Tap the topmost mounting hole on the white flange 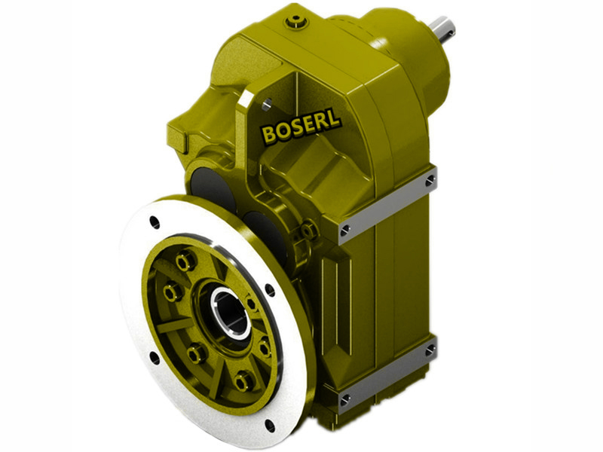click(155, 222)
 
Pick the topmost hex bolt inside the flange click(183, 261)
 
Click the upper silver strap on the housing click(387, 205)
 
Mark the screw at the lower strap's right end click(430, 350)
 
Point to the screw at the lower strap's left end click(346, 400)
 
